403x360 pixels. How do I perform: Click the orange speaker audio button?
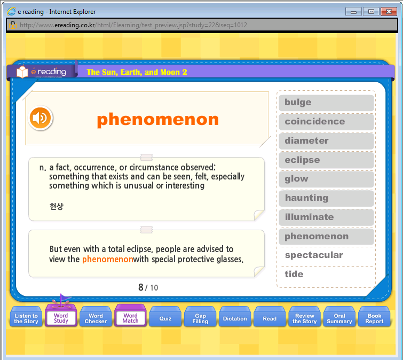(x=41, y=118)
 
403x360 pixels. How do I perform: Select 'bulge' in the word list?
(x=326, y=103)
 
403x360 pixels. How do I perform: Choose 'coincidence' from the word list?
(x=326, y=122)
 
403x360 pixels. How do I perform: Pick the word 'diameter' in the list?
(x=326, y=141)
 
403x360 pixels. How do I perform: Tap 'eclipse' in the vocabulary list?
(x=326, y=160)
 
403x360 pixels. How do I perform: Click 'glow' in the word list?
(x=326, y=179)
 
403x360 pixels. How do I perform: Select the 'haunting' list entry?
(x=326, y=198)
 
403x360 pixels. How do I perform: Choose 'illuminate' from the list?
(x=326, y=217)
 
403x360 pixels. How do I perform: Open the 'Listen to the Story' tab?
(x=26, y=318)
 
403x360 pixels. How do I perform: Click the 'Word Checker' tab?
(x=96, y=318)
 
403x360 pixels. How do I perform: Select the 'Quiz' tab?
(x=165, y=318)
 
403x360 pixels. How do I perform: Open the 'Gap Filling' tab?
(x=200, y=318)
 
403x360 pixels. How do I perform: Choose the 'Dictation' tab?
(x=235, y=318)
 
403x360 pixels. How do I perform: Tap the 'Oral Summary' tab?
(x=339, y=318)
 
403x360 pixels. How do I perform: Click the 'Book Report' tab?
(x=374, y=318)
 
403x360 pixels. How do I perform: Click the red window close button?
(x=389, y=12)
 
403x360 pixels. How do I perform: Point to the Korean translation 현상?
(x=57, y=206)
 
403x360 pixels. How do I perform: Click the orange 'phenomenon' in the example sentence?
(x=108, y=259)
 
